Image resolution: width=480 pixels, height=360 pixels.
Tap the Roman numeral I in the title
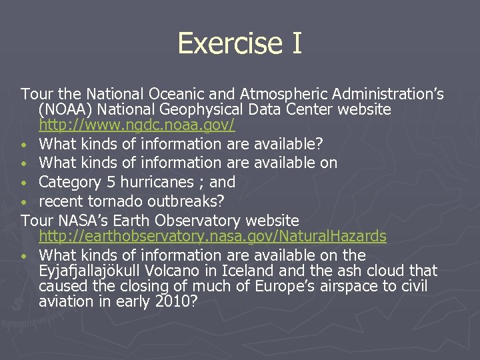point(295,44)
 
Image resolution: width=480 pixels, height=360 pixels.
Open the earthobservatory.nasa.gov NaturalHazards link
point(213,236)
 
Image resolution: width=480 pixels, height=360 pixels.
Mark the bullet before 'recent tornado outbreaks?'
point(24,201)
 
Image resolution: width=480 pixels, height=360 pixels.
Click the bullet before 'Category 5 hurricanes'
point(24,183)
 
